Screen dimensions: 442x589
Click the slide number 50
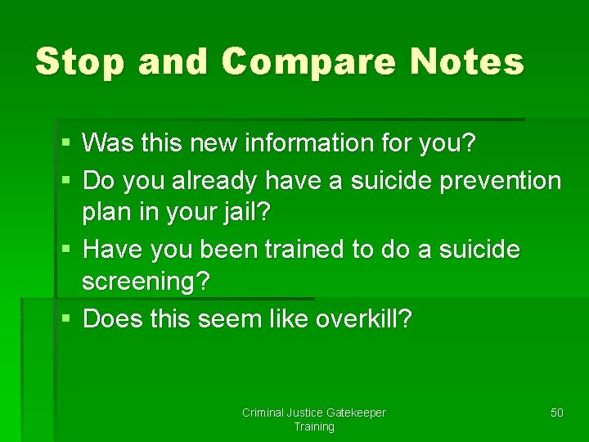pos(556,413)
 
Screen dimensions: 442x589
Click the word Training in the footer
pos(314,426)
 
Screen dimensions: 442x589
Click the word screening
pos(146,282)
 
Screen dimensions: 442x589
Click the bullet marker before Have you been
pos(65,249)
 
